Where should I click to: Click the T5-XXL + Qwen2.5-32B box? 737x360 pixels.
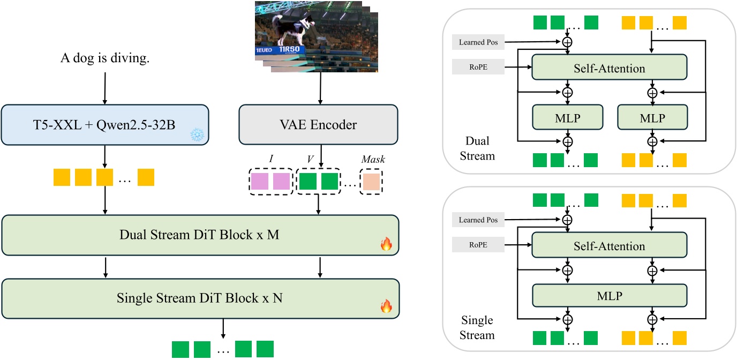[104, 125]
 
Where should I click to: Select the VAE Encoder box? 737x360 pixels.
[318, 125]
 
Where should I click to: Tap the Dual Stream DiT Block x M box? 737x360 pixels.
[200, 235]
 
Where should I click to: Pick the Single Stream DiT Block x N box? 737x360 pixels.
[200, 298]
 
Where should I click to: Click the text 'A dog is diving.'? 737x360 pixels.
[104, 58]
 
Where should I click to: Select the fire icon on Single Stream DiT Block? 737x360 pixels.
[386, 307]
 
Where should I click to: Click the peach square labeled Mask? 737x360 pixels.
[372, 182]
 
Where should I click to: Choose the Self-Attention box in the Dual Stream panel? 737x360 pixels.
[608, 68]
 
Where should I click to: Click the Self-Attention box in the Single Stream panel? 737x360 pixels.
[608, 246]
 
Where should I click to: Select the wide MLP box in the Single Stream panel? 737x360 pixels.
[608, 295]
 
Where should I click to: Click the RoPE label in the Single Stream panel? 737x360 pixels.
[478, 245]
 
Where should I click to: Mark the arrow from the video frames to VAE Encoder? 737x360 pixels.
[320, 88]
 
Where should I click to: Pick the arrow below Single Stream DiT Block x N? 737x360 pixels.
[223, 327]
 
